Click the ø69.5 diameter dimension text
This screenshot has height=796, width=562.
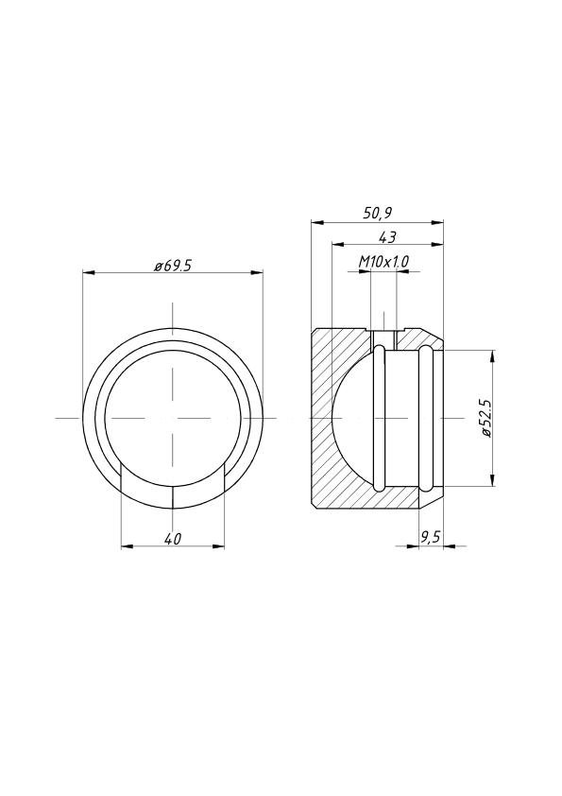(x=174, y=266)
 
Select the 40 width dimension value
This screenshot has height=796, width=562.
(x=173, y=539)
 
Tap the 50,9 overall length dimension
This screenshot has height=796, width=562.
(x=378, y=214)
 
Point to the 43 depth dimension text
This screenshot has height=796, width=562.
(x=387, y=236)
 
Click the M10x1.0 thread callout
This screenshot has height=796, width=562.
(x=384, y=262)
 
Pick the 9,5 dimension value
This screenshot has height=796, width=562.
(x=430, y=538)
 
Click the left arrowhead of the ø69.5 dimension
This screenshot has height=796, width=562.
(x=89, y=273)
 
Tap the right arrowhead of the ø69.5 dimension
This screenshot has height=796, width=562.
(x=257, y=273)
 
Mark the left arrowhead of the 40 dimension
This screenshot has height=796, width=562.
(x=128, y=546)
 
